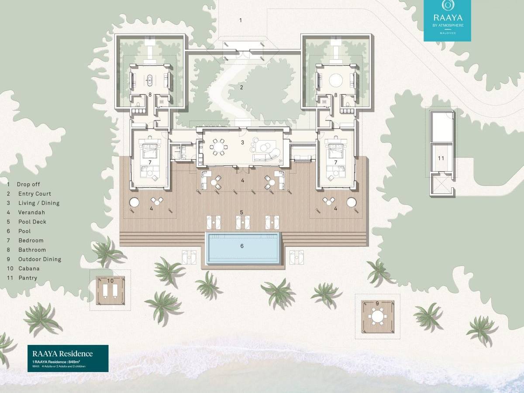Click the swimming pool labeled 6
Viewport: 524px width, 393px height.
[242, 247]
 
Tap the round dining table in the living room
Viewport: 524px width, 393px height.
[217, 147]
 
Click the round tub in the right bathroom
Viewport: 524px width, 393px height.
[336, 80]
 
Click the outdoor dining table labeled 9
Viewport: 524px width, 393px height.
[377, 314]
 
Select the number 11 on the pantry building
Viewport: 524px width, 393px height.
[441, 158]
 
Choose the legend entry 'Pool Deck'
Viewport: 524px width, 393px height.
[32, 222]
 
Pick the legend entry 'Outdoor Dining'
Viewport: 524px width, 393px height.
[39, 259]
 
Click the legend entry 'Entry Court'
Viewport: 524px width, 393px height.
[34, 194]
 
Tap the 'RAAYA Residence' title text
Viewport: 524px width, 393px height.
[62, 354]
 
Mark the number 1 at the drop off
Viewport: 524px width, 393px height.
[240, 20]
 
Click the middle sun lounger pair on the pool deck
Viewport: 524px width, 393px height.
[243, 222]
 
